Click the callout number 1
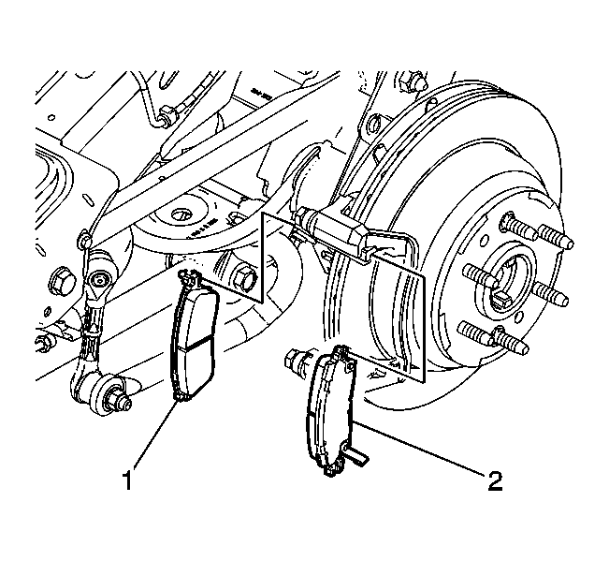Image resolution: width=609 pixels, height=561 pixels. pos(128,480)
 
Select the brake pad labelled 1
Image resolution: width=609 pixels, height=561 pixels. pos(195,335)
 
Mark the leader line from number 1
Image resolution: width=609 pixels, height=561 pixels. pos(155,435)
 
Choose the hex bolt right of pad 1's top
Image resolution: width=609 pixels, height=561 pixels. pos(244,278)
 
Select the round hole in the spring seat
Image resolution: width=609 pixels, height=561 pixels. pos(181,214)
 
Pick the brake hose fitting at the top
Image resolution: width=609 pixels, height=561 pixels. pos(167,115)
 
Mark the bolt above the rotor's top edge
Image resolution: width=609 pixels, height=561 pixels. pos(413,81)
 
